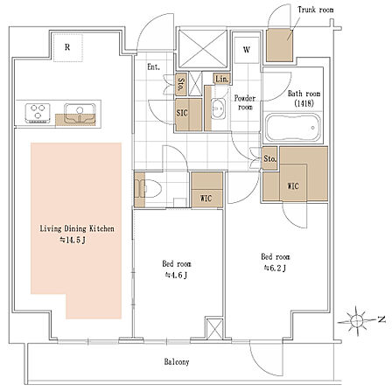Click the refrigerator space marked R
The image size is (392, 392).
click(x=67, y=47)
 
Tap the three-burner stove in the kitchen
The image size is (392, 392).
click(x=38, y=113)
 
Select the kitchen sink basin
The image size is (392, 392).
click(x=80, y=113)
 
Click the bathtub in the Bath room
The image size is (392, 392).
click(x=292, y=128)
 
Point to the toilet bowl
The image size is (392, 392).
click(x=152, y=188)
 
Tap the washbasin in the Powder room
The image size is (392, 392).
click(x=218, y=108)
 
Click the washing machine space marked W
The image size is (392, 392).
click(x=247, y=50)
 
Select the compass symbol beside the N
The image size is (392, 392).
click(x=356, y=320)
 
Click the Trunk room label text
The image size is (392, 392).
click(x=316, y=10)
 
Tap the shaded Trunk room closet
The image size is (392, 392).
click(x=280, y=45)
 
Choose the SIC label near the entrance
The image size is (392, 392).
click(x=182, y=113)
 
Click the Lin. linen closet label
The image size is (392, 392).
click(x=222, y=79)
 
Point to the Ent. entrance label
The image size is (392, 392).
click(x=153, y=67)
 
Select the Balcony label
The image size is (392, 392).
click(x=177, y=362)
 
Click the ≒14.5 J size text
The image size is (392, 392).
click(x=73, y=241)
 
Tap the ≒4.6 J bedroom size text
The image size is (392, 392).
click(x=176, y=275)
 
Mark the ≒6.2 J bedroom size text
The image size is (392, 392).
click(x=275, y=268)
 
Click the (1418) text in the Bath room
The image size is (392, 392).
click(x=304, y=103)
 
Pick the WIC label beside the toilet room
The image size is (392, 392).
click(x=206, y=199)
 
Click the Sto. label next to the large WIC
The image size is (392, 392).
click(x=269, y=159)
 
